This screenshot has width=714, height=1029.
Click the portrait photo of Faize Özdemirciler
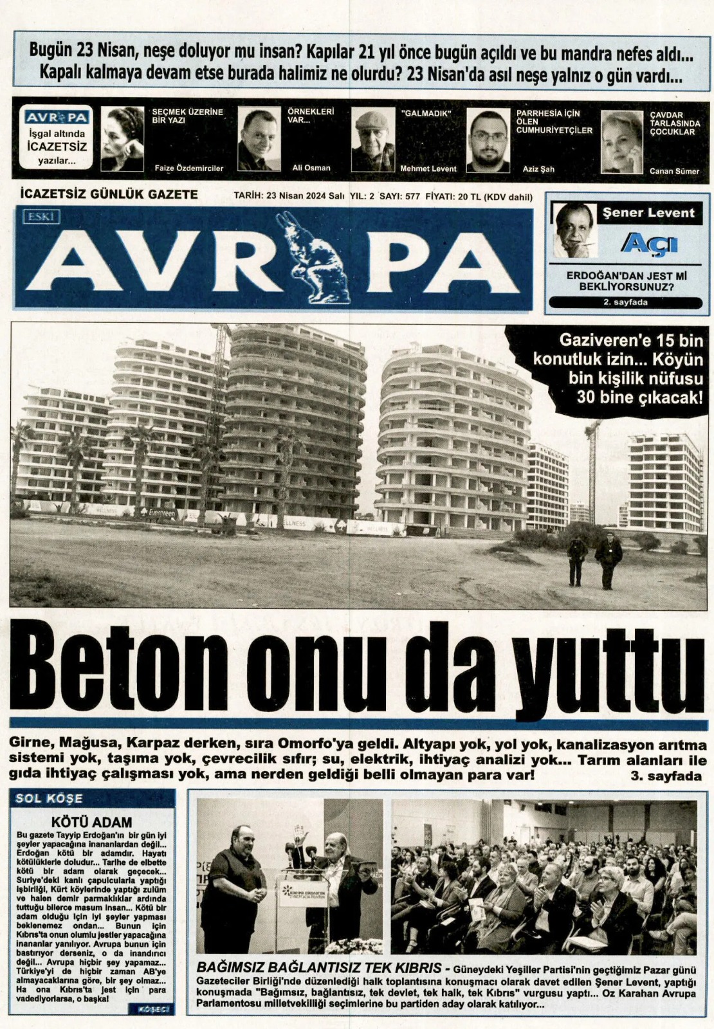click(x=122, y=139)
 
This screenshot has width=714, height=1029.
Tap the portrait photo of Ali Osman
click(x=259, y=139)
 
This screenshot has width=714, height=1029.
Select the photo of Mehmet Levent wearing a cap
click(x=372, y=140)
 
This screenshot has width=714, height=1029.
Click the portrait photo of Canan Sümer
click(x=621, y=141)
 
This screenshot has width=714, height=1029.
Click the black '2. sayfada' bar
click(x=625, y=302)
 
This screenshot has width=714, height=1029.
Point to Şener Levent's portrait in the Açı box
click(x=574, y=230)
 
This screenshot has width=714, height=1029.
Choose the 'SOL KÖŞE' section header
click(x=49, y=799)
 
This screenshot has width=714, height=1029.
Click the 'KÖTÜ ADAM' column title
click(x=91, y=822)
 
